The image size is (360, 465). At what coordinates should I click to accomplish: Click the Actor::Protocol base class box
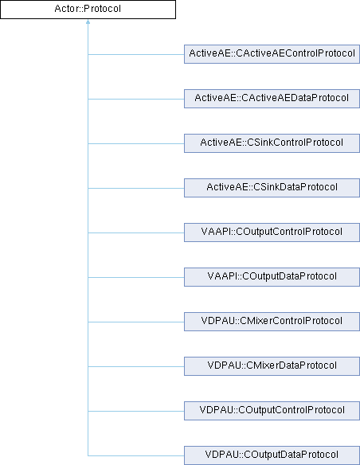[88, 10]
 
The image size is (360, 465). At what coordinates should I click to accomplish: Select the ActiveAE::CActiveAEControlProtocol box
[272, 54]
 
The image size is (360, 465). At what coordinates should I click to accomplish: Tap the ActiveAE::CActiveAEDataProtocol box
[272, 99]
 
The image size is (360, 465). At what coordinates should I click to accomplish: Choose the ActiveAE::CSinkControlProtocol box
[272, 143]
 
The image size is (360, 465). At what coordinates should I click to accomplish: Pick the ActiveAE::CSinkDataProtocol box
[272, 188]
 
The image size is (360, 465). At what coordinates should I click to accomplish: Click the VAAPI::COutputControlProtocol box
[272, 232]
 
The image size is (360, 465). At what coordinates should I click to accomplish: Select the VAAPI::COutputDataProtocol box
[272, 277]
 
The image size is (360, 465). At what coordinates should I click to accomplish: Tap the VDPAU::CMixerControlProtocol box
[272, 322]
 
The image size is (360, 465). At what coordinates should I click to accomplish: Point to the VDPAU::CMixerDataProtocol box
[272, 366]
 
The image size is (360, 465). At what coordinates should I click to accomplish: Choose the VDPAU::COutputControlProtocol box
[272, 411]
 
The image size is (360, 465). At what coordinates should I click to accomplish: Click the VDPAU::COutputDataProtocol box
[272, 455]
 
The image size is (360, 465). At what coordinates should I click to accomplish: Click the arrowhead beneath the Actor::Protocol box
[88, 21]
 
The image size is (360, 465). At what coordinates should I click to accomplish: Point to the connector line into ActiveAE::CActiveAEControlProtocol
[136, 55]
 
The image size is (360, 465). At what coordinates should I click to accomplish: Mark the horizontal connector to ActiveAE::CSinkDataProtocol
[136, 188]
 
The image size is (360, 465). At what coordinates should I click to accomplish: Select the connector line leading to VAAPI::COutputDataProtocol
[136, 277]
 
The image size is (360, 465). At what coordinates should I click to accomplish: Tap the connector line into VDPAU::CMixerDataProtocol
[136, 366]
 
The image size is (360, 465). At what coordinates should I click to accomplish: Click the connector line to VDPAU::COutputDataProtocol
[136, 455]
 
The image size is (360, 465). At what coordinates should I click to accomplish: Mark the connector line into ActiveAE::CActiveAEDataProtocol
[136, 99]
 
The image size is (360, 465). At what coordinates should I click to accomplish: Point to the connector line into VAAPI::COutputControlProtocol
[136, 232]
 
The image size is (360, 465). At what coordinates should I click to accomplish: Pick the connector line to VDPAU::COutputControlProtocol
[136, 411]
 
